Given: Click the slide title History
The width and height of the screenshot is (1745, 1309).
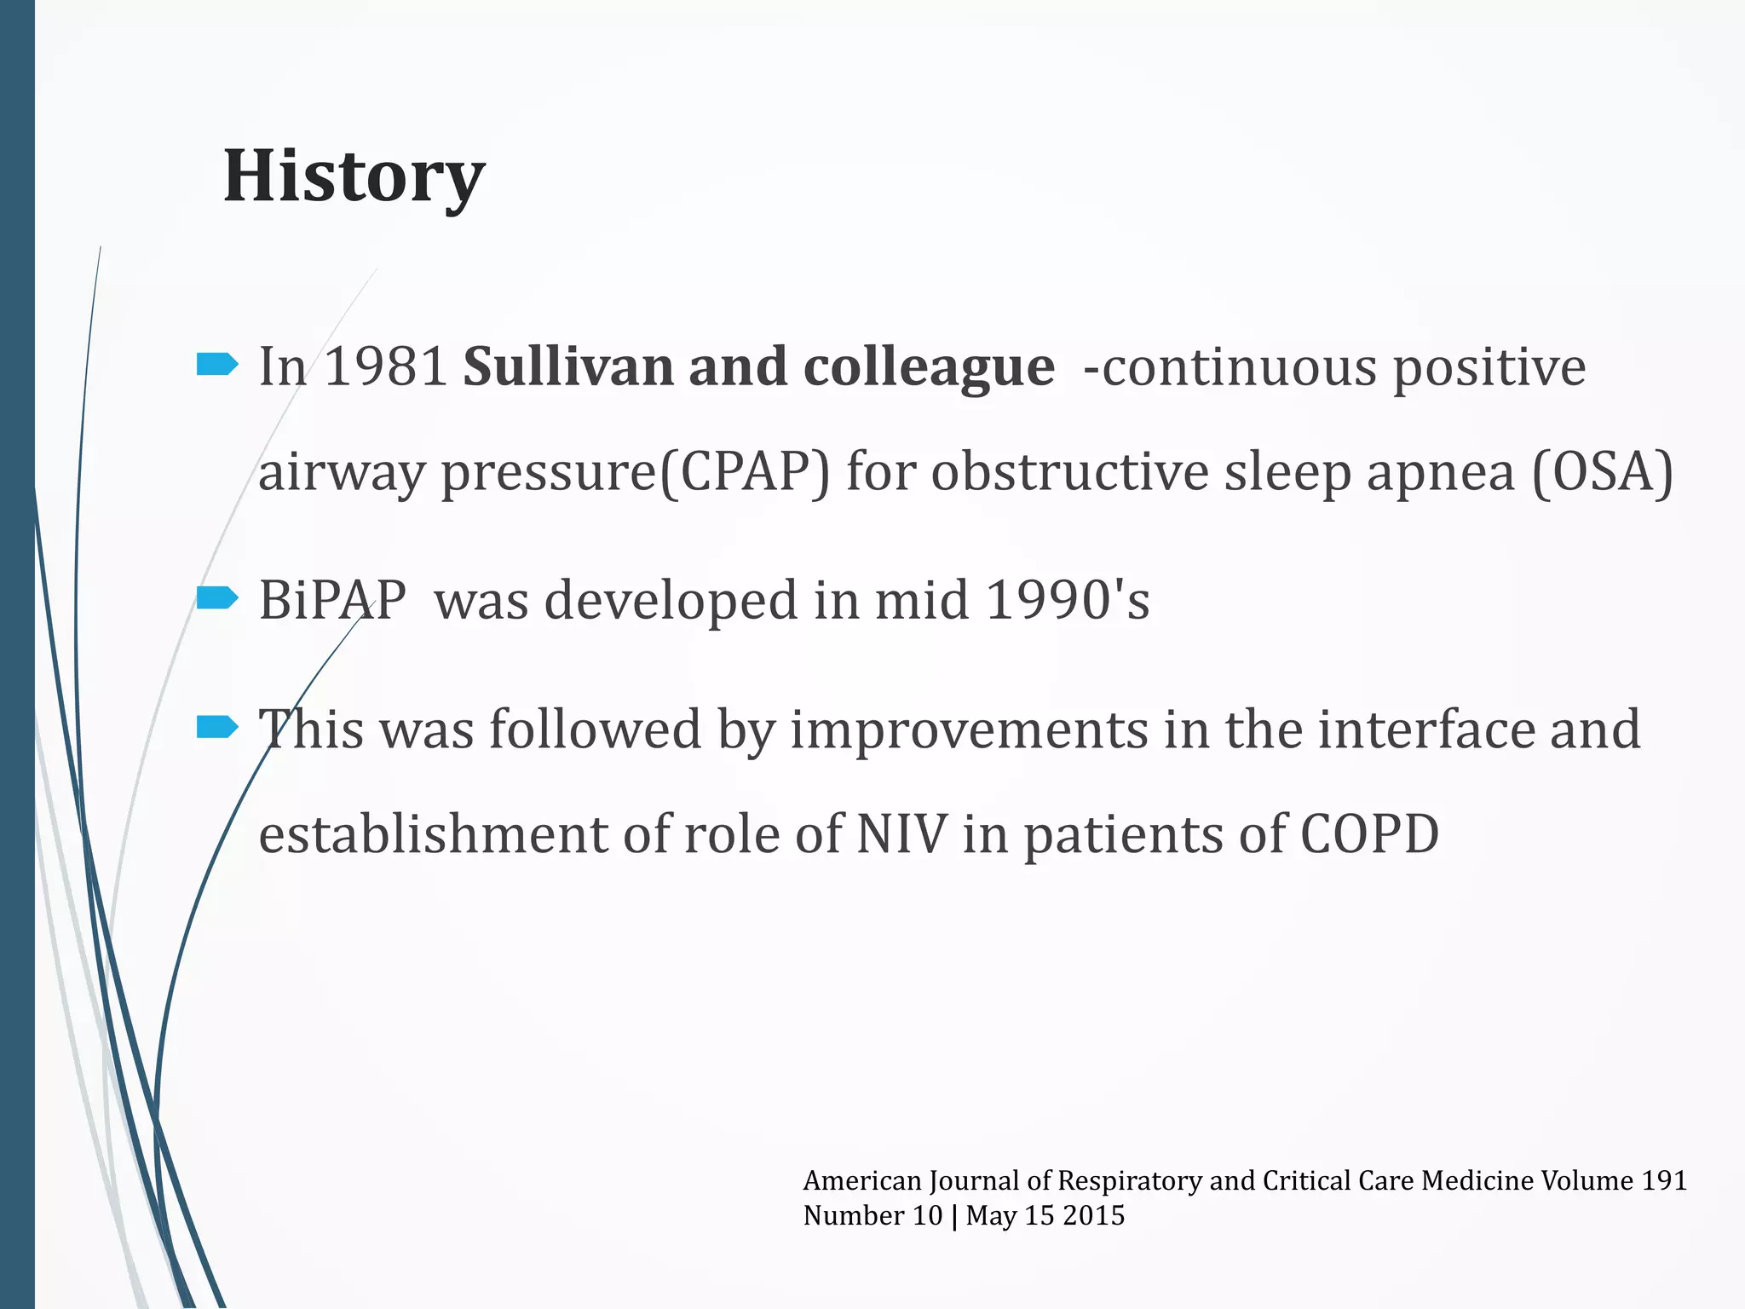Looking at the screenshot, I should (x=354, y=176).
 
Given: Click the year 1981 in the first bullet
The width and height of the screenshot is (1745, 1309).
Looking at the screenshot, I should (x=386, y=367).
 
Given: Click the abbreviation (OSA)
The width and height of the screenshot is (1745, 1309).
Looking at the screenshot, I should (x=1602, y=472).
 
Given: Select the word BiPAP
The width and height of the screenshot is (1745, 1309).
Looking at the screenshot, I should (x=332, y=600).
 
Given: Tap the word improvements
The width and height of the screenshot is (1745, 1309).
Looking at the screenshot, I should (x=969, y=730).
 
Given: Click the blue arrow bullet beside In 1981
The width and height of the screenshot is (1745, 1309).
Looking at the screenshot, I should (x=216, y=366).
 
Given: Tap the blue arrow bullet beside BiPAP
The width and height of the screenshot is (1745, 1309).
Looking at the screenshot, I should (x=216, y=598).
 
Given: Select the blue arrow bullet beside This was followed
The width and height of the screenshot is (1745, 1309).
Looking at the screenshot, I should (x=216, y=727).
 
